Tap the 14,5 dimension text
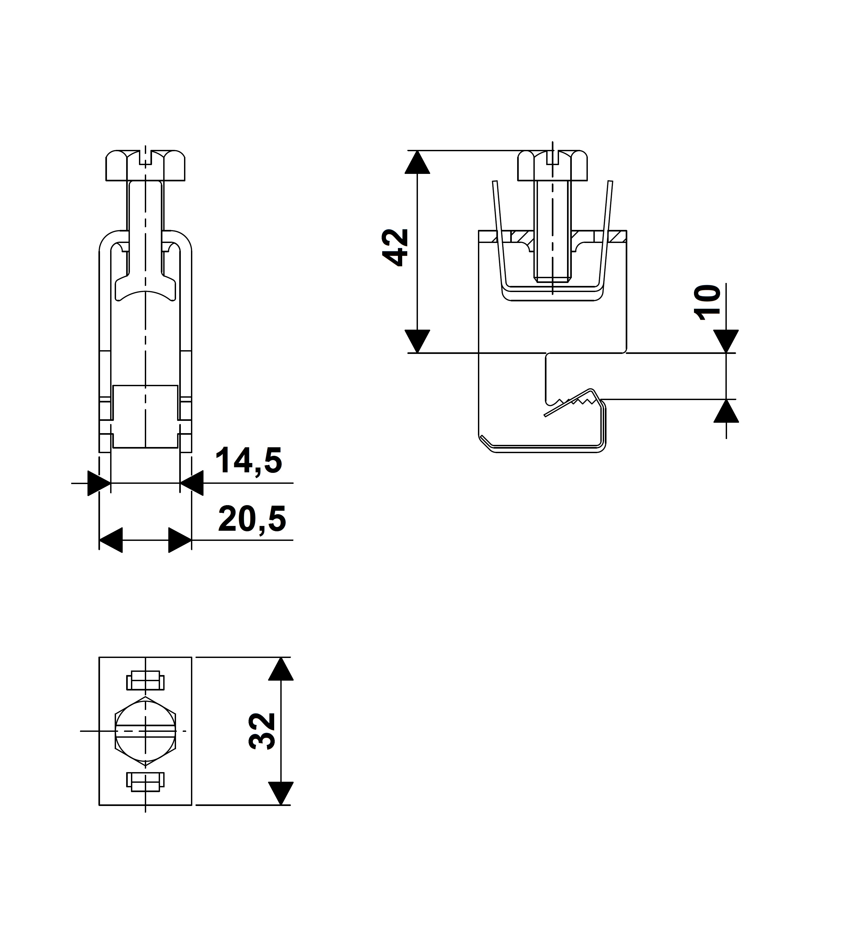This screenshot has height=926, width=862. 248,461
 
